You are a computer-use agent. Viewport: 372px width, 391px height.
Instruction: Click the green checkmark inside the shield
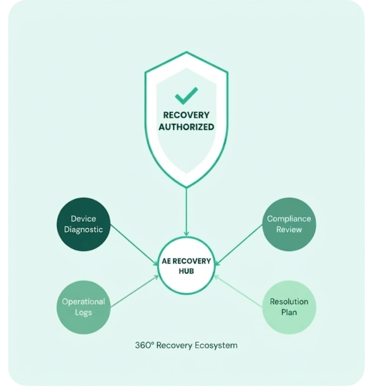point(186,95)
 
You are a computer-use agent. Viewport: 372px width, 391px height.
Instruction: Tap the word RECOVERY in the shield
point(186,115)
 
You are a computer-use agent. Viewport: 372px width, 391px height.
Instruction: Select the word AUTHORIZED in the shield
point(186,127)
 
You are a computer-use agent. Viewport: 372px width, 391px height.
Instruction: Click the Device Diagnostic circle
point(84,224)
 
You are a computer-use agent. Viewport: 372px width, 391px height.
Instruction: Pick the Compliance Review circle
point(289,224)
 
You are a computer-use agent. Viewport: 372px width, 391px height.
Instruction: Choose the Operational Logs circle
point(84,307)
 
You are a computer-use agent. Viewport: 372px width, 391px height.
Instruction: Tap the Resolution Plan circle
point(289,307)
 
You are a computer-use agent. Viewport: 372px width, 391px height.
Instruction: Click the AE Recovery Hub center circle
point(186,266)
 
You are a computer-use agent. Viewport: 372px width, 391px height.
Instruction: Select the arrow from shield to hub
point(186,212)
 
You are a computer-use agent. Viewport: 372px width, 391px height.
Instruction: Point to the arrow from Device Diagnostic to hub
point(134,245)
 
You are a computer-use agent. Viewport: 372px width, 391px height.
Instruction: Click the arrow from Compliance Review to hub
point(239,245)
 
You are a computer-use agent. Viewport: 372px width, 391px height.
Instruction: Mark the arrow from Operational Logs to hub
point(134,291)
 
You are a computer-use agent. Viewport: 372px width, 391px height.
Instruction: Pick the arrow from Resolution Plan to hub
point(239,291)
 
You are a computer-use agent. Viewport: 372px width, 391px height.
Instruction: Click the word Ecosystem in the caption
point(216,346)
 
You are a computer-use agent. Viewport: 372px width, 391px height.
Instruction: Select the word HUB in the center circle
point(186,271)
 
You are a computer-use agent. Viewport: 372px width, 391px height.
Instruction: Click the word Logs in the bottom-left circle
point(84,313)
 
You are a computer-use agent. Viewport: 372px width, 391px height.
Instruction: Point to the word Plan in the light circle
point(289,312)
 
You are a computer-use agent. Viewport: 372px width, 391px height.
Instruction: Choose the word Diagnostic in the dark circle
point(84,230)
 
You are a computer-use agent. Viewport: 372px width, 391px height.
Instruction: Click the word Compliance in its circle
point(289,219)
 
